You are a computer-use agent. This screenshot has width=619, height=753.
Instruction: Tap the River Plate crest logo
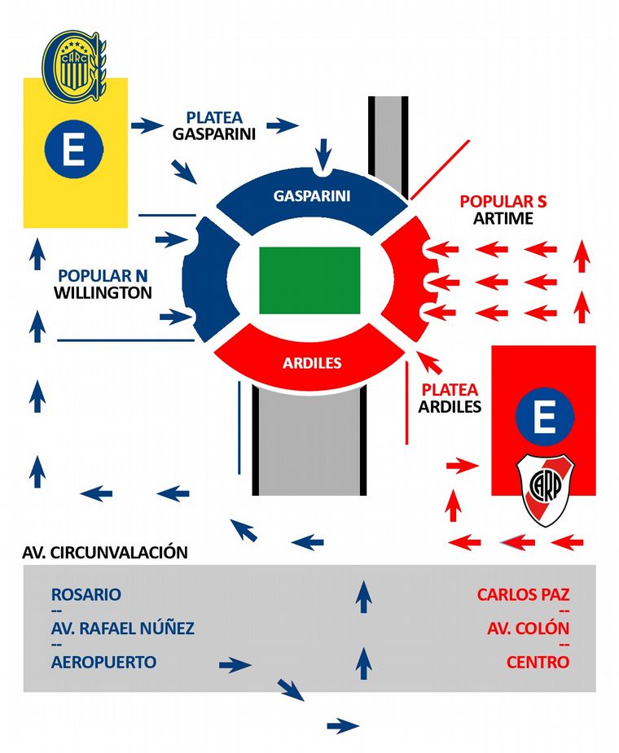547,489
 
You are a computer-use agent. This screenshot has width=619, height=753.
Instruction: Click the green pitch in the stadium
309,279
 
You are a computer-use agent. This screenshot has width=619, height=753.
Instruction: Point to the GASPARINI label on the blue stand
312,196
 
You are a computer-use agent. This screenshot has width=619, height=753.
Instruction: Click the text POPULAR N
104,275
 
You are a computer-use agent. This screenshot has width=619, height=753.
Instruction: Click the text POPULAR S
503,201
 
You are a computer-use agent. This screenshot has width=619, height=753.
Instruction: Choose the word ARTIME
503,218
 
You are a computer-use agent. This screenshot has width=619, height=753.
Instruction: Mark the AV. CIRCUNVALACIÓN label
105,552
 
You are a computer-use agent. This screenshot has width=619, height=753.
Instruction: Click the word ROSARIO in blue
86,594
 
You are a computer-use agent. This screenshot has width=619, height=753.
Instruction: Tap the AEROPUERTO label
103,662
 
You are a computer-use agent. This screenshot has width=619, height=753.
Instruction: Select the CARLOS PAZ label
523,594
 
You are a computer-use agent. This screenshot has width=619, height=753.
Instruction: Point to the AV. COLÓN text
528,628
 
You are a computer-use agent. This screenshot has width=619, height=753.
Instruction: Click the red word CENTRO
538,662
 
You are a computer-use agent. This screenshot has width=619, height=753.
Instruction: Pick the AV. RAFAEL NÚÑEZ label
122,628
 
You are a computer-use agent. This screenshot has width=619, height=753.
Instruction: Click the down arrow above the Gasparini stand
324,152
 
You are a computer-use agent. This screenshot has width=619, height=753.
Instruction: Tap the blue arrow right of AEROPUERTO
235,665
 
